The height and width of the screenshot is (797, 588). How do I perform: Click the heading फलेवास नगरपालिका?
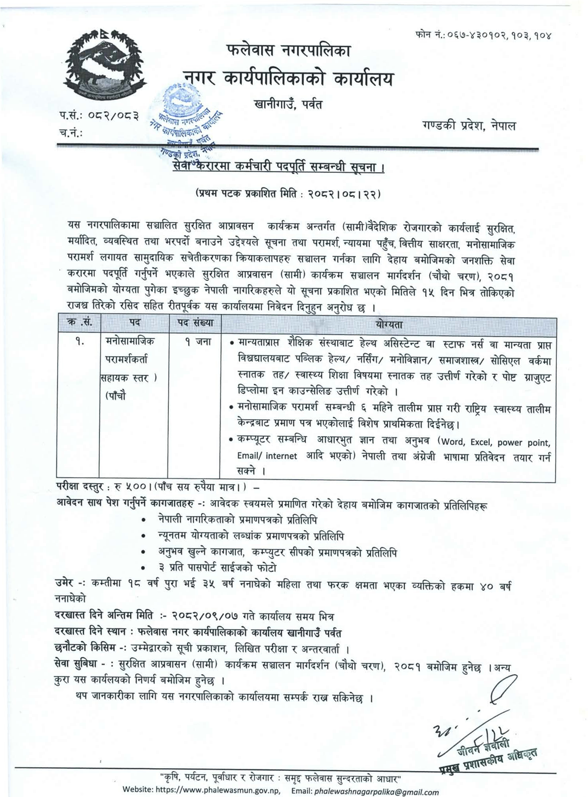288,51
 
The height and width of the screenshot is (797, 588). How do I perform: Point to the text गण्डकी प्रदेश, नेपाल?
469,125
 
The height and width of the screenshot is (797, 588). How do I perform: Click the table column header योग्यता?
387,323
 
